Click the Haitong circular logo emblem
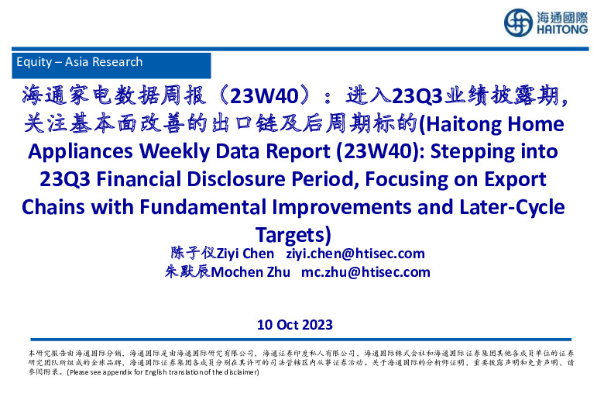518,22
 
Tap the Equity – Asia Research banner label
79,62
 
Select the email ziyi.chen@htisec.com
355,254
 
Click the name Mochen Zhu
252,271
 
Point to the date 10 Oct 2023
295,324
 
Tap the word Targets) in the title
293,233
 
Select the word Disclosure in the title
240,180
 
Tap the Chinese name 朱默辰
188,271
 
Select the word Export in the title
513,180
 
